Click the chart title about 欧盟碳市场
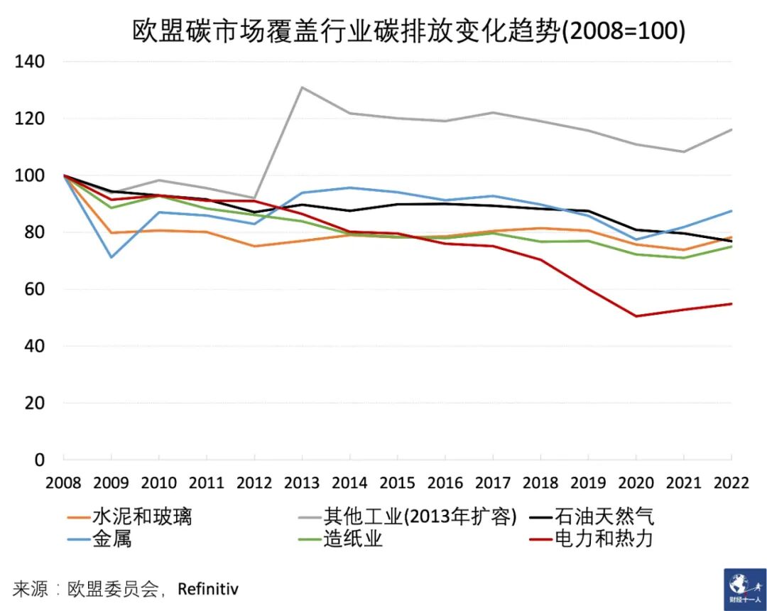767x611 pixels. (x=408, y=31)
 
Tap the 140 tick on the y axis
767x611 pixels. (x=30, y=62)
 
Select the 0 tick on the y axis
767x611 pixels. (x=40, y=460)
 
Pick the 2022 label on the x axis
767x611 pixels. (x=731, y=482)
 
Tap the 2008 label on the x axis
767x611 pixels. (x=63, y=482)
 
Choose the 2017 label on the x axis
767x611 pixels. (x=494, y=482)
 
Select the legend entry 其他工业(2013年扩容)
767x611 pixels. (x=419, y=516)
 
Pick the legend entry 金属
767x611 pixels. (x=111, y=539)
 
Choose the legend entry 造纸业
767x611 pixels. (x=353, y=539)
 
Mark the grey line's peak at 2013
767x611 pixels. (x=303, y=87)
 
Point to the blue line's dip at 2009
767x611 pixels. (x=111, y=257)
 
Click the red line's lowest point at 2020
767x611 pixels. (x=636, y=316)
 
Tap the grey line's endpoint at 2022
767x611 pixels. (x=731, y=129)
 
